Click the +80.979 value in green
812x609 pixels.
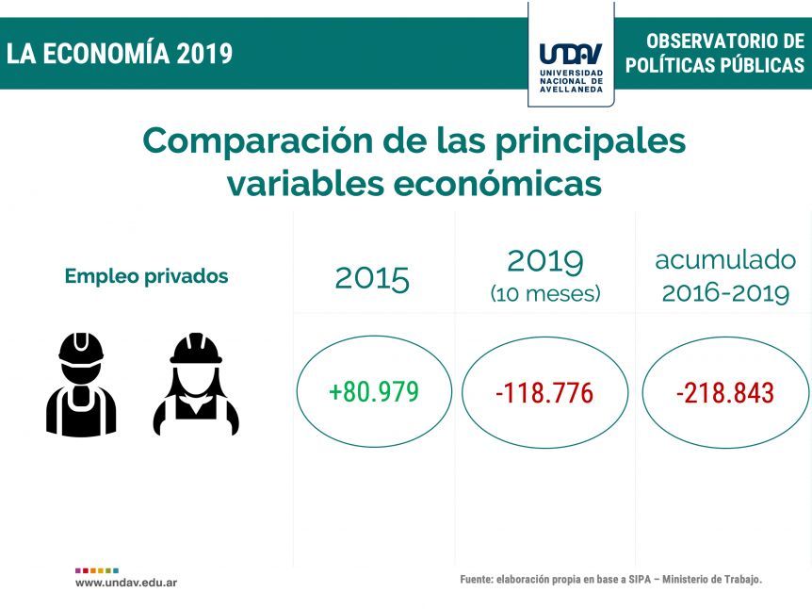(x=373, y=392)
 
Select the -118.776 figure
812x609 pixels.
(x=544, y=393)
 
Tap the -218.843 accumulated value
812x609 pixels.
(x=725, y=393)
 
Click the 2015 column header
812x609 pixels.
(x=372, y=279)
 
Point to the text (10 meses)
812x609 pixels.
(x=545, y=294)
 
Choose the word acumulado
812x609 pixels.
(x=725, y=259)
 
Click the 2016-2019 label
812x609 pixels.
(x=725, y=293)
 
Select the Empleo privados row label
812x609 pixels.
(x=147, y=276)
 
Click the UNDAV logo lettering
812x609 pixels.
(x=571, y=54)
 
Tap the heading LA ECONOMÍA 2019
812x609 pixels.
(x=120, y=54)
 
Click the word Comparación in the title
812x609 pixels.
(x=257, y=141)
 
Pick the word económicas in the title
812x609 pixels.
(x=497, y=184)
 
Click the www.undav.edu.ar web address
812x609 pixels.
(x=126, y=583)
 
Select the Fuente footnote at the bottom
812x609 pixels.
(x=611, y=580)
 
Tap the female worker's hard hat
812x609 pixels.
(x=196, y=349)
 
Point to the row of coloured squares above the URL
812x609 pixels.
(x=97, y=570)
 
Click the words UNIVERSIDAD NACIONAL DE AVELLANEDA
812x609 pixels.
(x=571, y=81)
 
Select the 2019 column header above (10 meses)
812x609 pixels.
(x=545, y=261)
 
